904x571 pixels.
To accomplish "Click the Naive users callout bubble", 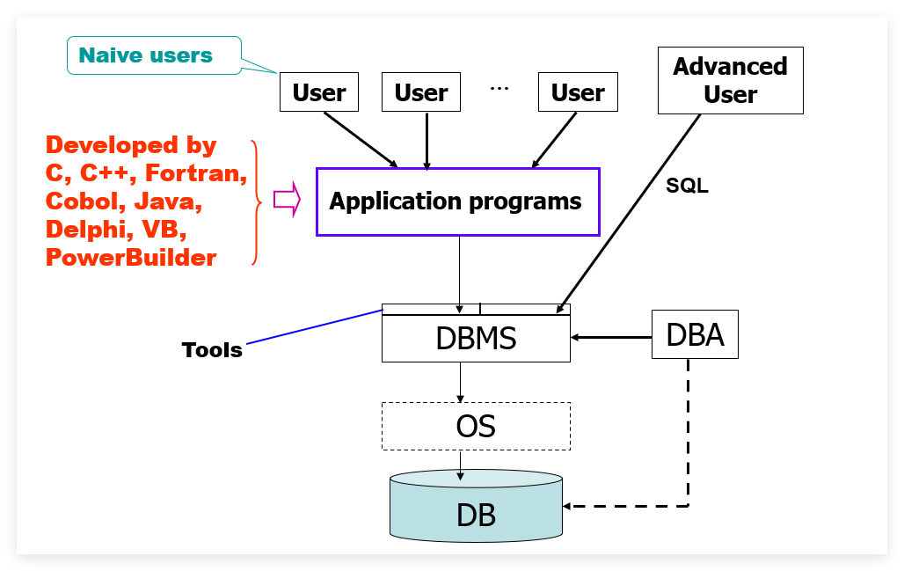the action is click(x=154, y=55).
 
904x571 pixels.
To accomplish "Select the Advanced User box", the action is click(x=731, y=80).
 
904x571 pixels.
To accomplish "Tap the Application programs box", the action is click(x=458, y=201).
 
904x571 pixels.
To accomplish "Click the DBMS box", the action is click(x=477, y=338).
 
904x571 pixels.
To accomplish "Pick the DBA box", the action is click(x=695, y=334).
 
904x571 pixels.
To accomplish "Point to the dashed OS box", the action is click(x=477, y=426).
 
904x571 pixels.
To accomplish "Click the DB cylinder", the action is click(x=477, y=506).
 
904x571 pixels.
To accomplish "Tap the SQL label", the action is click(x=687, y=186).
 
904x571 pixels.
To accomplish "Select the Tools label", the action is click(x=212, y=350).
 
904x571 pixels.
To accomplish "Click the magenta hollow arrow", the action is click(x=287, y=200).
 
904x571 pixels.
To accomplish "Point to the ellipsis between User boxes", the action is click(x=499, y=89).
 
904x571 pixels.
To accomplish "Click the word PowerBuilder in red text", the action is click(x=131, y=258).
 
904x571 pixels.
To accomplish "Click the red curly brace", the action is click(x=257, y=202).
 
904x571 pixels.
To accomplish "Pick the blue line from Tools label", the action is click(x=315, y=327).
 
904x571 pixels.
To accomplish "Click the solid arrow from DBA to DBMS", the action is click(x=611, y=338).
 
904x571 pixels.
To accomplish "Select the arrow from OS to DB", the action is click(x=460, y=465).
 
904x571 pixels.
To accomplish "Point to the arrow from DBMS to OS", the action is click(x=460, y=383).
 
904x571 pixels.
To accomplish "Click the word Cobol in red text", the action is click(x=85, y=201).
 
